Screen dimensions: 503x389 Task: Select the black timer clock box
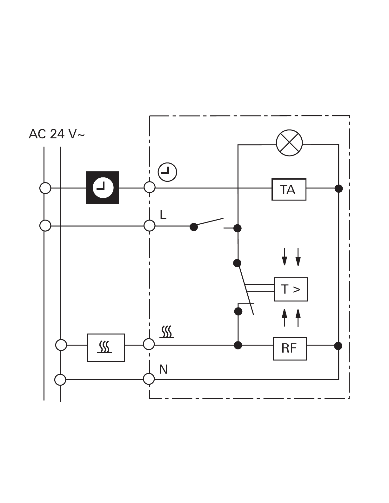tap(103, 188)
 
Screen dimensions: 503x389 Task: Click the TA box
tap(289, 189)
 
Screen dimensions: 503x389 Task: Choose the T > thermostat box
tap(290, 289)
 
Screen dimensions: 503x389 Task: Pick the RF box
tap(290, 348)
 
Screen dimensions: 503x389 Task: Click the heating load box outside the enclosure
tap(106, 347)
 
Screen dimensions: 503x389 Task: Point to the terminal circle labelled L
tap(150, 226)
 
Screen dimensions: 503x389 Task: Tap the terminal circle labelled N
tap(149, 379)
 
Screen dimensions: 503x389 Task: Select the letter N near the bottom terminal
tap(163, 369)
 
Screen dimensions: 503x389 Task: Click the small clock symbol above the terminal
tap(167, 173)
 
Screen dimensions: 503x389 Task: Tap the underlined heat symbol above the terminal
tap(167, 332)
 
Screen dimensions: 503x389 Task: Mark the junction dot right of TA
tap(339, 189)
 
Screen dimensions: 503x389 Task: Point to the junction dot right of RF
tap(339, 346)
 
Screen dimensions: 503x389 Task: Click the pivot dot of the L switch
tap(194, 227)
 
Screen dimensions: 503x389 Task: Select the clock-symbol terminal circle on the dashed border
tap(150, 187)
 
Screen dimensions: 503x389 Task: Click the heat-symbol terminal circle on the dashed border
tap(149, 344)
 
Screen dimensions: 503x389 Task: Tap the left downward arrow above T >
tap(285, 256)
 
